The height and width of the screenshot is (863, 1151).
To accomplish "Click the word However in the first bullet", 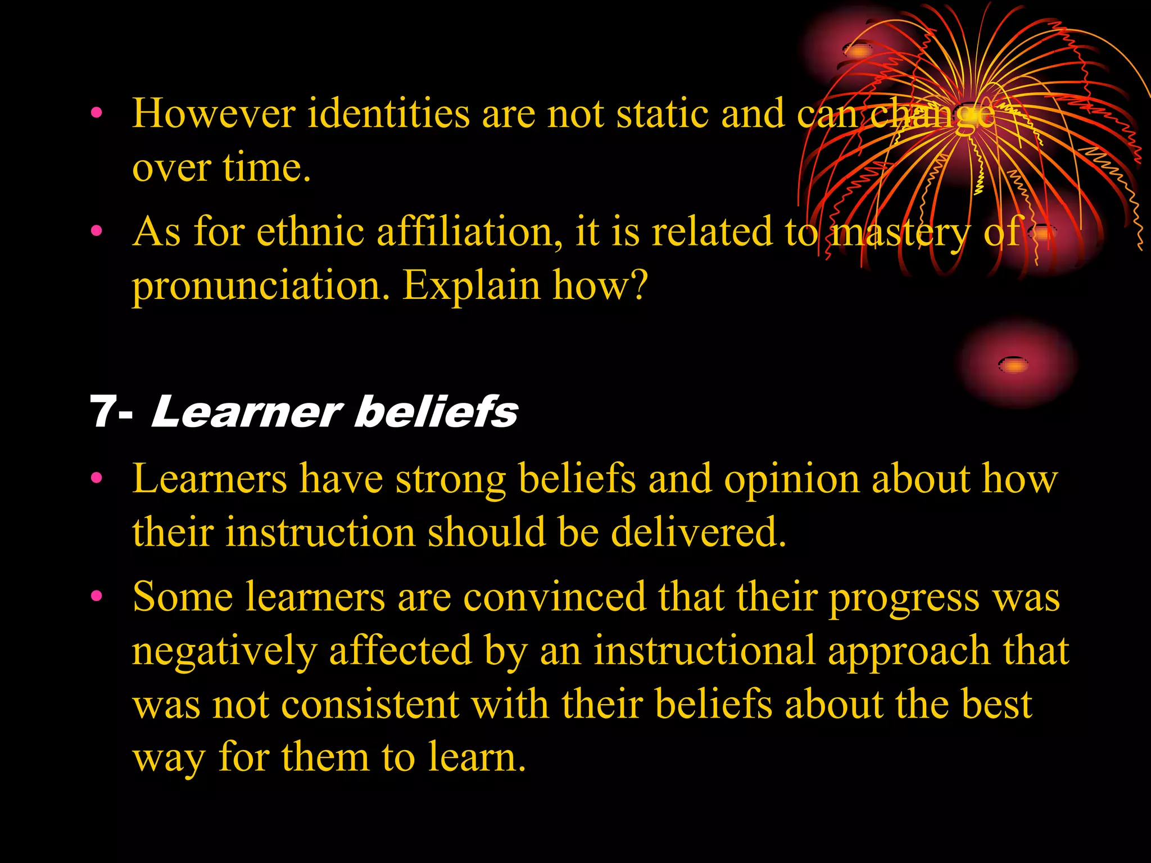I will point(214,113).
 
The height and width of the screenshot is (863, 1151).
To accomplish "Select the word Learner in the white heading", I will point(246,412).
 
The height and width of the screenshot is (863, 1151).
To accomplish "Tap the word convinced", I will point(555,597).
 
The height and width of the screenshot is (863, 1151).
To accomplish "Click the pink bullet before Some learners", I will point(97,596).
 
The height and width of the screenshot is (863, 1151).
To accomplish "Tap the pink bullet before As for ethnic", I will point(97,230).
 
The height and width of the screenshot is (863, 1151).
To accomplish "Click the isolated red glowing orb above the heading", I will point(1015,364).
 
